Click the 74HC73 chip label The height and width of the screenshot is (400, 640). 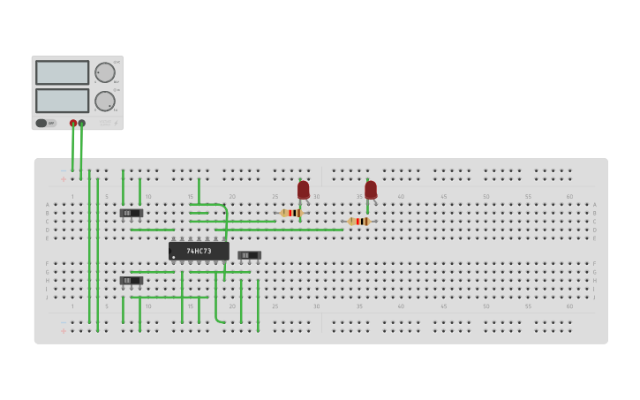click(x=199, y=251)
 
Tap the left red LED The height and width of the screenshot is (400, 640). click(x=304, y=190)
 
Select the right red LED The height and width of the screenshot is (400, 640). click(x=371, y=190)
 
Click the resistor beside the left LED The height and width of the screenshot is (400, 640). click(x=291, y=213)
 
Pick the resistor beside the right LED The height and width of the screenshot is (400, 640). click(x=358, y=222)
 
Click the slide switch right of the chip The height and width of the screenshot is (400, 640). click(x=249, y=255)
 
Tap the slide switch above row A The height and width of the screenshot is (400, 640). click(x=131, y=213)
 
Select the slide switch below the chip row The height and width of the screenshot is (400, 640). click(x=131, y=281)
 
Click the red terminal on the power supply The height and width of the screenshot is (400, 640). click(x=73, y=124)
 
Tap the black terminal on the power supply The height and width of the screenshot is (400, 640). click(x=82, y=124)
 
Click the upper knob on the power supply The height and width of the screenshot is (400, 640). click(x=104, y=72)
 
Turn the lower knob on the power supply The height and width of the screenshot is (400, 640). click(x=104, y=101)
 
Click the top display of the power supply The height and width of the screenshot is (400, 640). click(x=62, y=72)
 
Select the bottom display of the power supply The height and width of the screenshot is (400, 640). click(x=62, y=101)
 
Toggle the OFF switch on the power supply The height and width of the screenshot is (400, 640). click(x=41, y=123)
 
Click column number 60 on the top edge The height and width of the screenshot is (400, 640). click(x=569, y=196)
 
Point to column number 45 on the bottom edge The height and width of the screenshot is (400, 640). click(x=443, y=306)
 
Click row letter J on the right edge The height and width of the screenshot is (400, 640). click(x=595, y=298)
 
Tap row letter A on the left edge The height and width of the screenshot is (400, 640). click(x=48, y=205)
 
